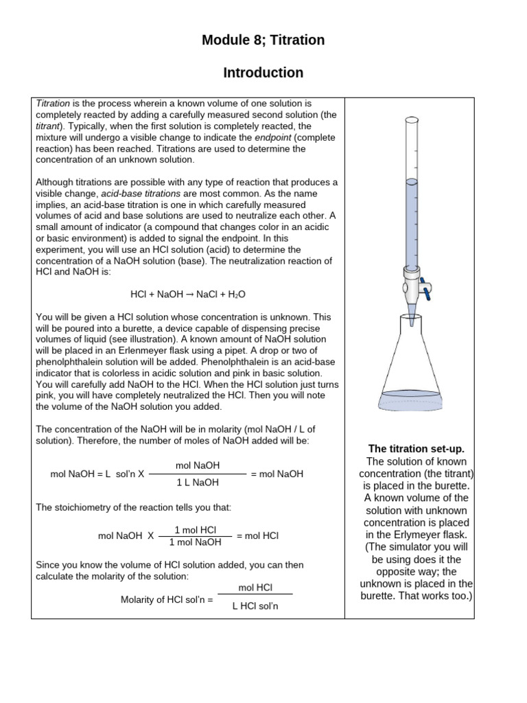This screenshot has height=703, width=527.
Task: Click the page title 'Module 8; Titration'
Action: (263, 41)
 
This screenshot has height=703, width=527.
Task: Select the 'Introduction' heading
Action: (263, 73)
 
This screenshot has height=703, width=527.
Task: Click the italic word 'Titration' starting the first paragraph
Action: (52, 104)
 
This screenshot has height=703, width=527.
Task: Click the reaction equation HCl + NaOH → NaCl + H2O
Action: (187, 294)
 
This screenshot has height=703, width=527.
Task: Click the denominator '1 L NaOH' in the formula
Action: (198, 483)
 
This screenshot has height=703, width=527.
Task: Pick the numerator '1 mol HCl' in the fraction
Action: (196, 529)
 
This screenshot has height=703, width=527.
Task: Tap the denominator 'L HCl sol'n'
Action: (255, 606)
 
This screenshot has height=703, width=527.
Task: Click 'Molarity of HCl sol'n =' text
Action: (167, 599)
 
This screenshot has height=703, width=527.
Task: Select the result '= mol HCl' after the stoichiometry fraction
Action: (257, 535)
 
